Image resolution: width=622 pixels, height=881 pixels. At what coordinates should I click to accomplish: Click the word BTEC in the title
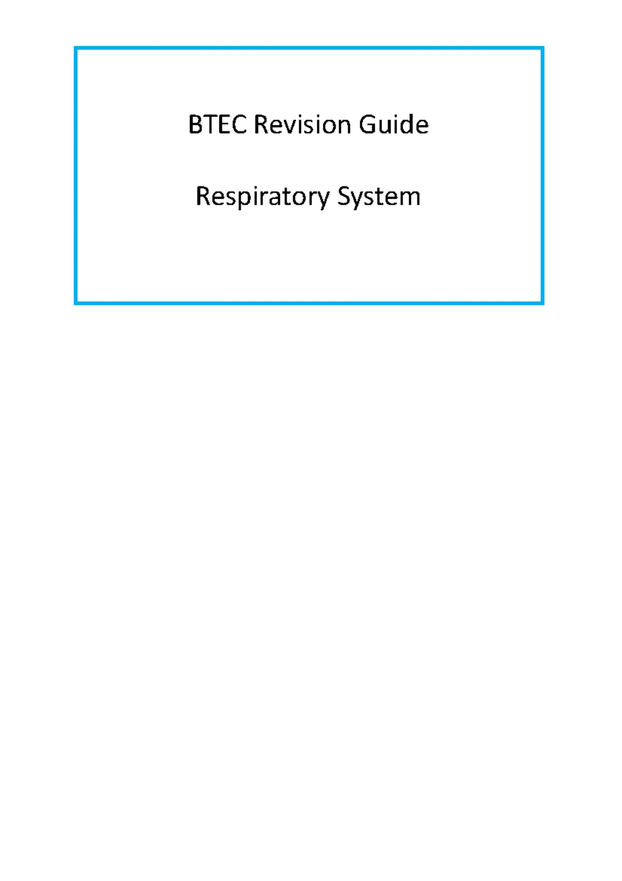(218, 125)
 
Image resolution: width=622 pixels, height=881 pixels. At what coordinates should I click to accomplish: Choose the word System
(379, 197)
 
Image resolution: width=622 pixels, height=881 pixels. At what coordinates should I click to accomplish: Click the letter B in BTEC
(195, 125)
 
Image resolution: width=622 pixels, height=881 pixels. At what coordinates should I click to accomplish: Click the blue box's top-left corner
(76, 48)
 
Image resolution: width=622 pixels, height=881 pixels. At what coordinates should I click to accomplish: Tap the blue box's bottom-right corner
(543, 303)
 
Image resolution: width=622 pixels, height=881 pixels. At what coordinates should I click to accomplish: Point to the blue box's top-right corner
(543, 48)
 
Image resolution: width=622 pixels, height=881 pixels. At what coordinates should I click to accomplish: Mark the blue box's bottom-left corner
(76, 303)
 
